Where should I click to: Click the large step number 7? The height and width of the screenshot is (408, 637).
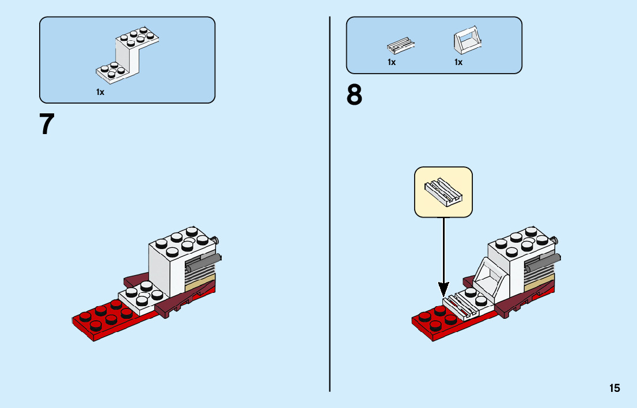[47, 124]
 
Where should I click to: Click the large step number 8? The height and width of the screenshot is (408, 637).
[354, 95]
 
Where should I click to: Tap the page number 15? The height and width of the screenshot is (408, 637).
[615, 388]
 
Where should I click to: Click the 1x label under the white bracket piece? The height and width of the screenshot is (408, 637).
[100, 92]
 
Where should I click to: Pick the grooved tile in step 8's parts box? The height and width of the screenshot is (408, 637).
[400, 46]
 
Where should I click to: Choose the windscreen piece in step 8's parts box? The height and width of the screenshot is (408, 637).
[468, 41]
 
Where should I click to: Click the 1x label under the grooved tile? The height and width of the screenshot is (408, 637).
[392, 62]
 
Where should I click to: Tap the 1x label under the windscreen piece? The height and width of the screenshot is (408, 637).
[458, 62]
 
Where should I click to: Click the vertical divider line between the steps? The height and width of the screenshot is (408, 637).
[330, 204]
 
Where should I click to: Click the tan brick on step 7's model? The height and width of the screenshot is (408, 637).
[200, 282]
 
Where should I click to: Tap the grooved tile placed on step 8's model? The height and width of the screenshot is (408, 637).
[462, 307]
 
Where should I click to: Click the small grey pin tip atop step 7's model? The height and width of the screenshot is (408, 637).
[217, 241]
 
